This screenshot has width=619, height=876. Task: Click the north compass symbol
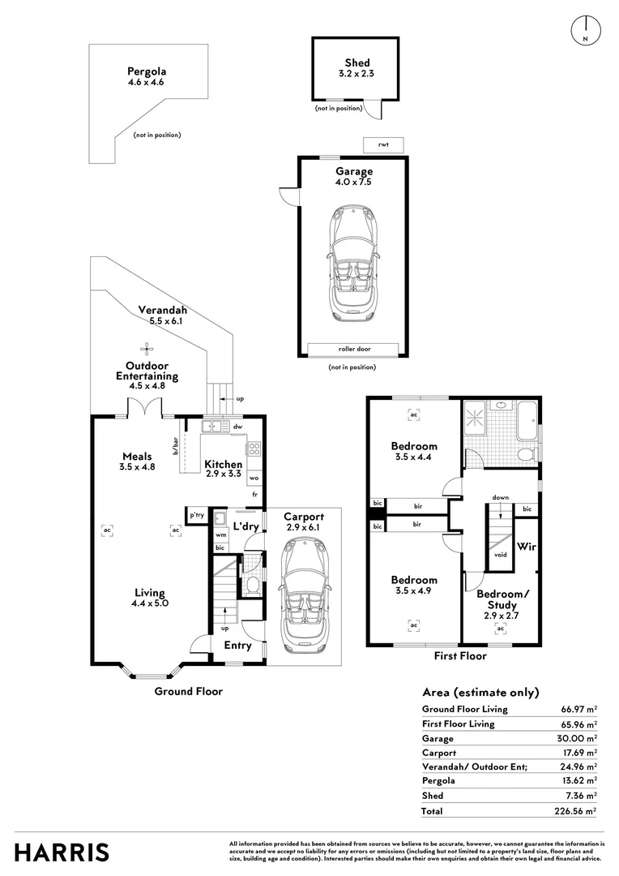click(x=586, y=30)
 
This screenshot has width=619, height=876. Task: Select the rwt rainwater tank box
click(x=383, y=144)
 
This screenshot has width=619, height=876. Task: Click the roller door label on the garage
click(x=354, y=349)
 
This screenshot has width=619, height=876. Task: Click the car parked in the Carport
click(x=305, y=595)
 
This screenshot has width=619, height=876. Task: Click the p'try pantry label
click(x=196, y=515)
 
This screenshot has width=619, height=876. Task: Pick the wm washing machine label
click(x=220, y=535)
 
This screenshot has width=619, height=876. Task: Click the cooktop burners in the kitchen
click(x=254, y=448)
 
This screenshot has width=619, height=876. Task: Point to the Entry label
click(x=237, y=646)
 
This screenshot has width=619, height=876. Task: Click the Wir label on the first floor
click(x=527, y=547)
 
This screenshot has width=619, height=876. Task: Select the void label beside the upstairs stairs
click(x=501, y=555)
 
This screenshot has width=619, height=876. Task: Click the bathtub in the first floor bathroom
click(x=527, y=419)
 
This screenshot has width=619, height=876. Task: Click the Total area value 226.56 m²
click(x=575, y=811)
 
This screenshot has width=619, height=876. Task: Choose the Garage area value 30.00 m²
click(x=577, y=739)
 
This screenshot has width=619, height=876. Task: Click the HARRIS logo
click(x=62, y=853)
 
